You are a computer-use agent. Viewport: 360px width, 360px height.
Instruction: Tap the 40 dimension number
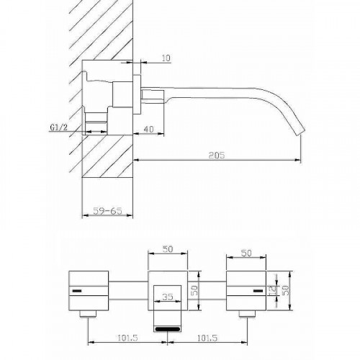point(149,128)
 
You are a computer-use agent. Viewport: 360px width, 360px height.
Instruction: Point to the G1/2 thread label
point(60,127)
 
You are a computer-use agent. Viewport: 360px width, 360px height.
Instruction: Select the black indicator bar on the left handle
point(78,291)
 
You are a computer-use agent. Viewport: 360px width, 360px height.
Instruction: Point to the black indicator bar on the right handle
point(256,291)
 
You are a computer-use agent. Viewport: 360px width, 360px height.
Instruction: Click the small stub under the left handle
point(88,313)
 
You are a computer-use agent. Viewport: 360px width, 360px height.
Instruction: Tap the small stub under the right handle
point(247,313)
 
